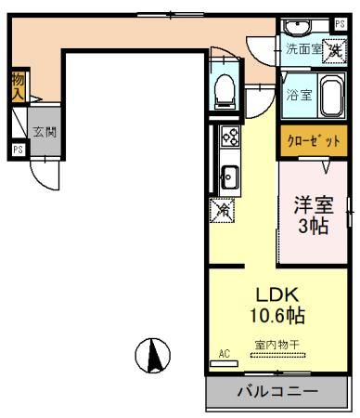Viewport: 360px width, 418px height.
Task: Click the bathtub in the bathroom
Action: pyautogui.click(x=331, y=95)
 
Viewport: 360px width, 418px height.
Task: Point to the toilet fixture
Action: pyautogui.click(x=223, y=88)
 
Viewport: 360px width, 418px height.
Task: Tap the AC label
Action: pyautogui.click(x=224, y=354)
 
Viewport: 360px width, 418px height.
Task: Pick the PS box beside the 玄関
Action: pyautogui.click(x=18, y=148)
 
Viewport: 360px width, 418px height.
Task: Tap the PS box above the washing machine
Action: pyautogui.click(x=340, y=24)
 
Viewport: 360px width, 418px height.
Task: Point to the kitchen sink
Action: pyautogui.click(x=229, y=174)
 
